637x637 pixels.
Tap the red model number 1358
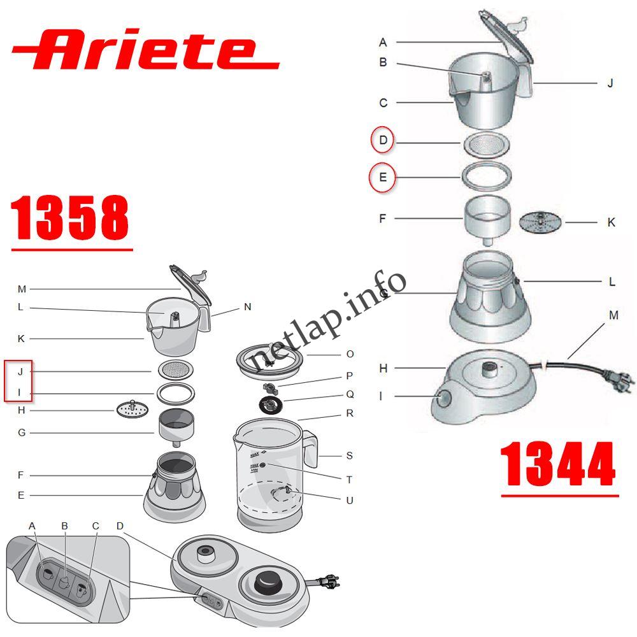[70, 218]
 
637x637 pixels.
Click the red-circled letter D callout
[383, 140]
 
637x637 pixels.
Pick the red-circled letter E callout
[383, 177]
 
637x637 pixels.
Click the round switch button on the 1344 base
[443, 399]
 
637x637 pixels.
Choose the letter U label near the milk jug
[349, 501]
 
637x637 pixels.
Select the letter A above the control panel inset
[32, 526]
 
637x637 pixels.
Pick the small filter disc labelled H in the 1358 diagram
[132, 410]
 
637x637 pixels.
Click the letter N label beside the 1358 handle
[247, 307]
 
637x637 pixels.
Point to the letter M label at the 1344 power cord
[613, 315]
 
